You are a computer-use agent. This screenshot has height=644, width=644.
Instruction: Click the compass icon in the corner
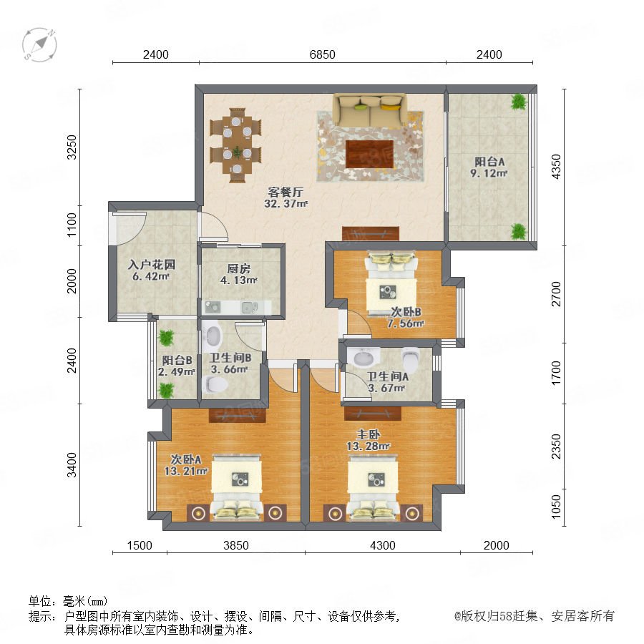[39, 45]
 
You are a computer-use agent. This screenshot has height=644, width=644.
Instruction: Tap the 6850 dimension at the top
[323, 54]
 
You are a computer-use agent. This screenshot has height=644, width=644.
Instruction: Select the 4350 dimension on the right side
[556, 166]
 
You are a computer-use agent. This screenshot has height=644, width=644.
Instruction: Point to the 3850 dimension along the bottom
[236, 545]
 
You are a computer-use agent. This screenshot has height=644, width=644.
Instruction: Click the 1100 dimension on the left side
[72, 225]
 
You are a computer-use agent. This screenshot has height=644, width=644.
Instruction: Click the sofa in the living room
[370, 109]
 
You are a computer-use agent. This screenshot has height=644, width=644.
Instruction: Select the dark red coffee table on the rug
[369, 154]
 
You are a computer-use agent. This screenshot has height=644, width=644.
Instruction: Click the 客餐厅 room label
[286, 192]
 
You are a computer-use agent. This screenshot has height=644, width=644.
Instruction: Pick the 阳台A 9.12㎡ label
[489, 167]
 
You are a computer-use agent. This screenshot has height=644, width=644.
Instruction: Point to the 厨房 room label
[238, 268]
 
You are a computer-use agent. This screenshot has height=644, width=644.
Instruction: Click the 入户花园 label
[152, 265]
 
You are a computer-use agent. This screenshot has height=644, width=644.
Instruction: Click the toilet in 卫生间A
[410, 360]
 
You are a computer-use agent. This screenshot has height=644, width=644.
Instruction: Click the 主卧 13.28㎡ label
[369, 440]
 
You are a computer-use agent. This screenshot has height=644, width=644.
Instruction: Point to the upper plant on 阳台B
[166, 338]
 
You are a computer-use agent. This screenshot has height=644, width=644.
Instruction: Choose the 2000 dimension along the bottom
[496, 545]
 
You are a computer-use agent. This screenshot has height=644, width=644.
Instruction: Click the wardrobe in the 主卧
[373, 414]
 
